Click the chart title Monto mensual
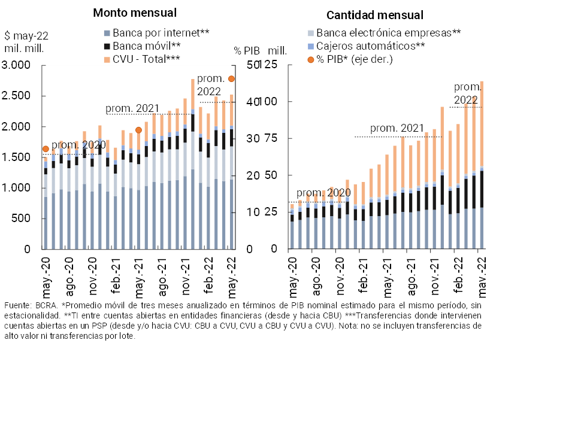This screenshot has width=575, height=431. click(135, 13)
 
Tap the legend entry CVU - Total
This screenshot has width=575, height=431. click(142, 59)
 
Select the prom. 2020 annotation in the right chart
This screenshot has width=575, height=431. click(324, 193)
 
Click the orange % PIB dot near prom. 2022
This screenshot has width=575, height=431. click(231, 79)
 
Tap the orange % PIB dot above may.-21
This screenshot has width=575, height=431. click(138, 130)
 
